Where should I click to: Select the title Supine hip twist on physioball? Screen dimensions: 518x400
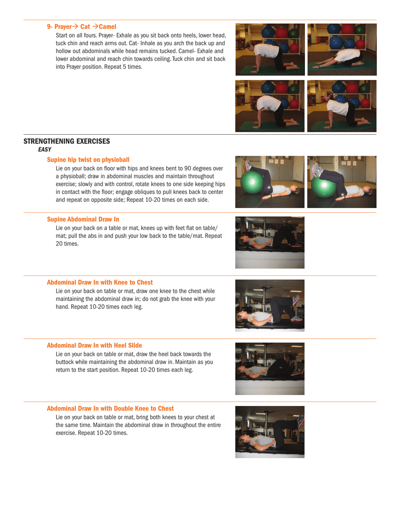click(x=88, y=160)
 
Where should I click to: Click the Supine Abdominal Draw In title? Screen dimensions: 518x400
click(x=83, y=219)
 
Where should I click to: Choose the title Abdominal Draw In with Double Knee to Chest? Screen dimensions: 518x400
click(x=110, y=409)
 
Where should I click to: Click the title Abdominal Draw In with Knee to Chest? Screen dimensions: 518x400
click(x=100, y=282)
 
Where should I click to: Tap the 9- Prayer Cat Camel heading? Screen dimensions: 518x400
click(x=82, y=27)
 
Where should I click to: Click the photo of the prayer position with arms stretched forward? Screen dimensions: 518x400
click(x=342, y=49)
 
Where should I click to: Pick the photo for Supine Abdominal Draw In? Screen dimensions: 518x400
click(x=269, y=242)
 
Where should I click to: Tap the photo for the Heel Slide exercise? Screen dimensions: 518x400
click(x=269, y=368)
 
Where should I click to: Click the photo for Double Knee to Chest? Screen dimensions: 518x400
click(x=269, y=432)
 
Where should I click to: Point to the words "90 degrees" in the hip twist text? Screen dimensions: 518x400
click(x=193, y=168)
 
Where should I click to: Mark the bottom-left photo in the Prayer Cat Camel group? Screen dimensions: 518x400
click(x=269, y=106)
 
